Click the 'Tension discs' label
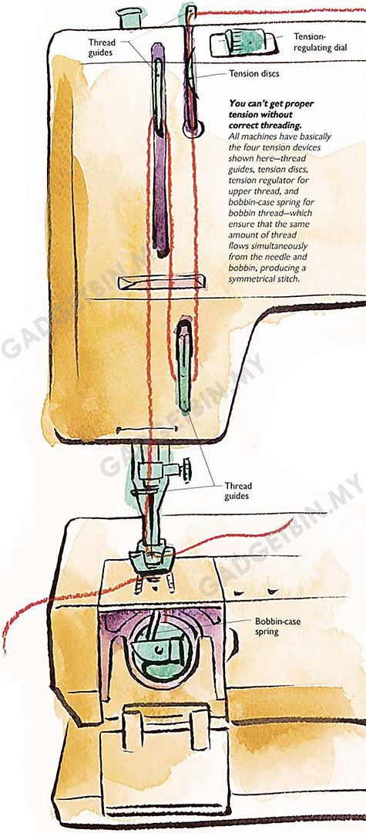click(x=254, y=74)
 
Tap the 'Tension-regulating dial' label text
click(x=321, y=42)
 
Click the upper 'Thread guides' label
click(x=102, y=47)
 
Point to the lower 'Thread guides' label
click(x=238, y=491)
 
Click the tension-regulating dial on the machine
click(x=243, y=43)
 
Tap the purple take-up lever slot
click(x=159, y=149)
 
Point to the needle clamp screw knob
click(x=186, y=470)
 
